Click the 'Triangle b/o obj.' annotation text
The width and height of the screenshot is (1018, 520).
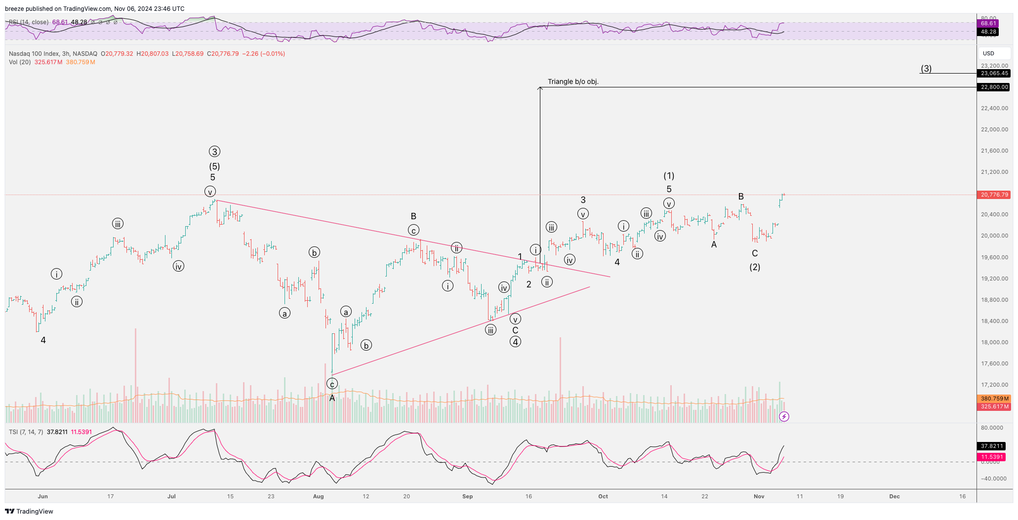(573, 81)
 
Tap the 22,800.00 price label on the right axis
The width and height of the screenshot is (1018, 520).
(994, 87)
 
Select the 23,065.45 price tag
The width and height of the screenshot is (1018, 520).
(994, 73)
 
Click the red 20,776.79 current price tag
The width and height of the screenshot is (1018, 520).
(994, 195)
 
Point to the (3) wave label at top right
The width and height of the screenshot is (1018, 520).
(926, 69)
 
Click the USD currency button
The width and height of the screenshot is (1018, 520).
(988, 53)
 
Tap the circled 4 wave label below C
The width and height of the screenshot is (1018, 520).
(515, 342)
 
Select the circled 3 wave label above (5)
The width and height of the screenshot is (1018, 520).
(214, 152)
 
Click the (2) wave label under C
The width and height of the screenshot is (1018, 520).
(755, 267)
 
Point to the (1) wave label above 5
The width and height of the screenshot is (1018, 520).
(669, 176)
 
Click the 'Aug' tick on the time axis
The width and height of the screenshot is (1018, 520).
(319, 496)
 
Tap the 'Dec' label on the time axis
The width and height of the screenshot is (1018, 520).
(895, 496)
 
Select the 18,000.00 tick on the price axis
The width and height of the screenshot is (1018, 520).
(994, 342)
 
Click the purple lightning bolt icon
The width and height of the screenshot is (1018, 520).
(784, 417)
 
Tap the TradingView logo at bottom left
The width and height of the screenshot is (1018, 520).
(29, 511)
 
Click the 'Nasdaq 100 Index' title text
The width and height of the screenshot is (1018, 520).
(34, 54)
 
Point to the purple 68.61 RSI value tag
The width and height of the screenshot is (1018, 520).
(988, 23)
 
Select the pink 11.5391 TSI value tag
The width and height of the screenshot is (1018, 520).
(992, 457)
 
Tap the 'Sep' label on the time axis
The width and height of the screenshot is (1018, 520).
(468, 496)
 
